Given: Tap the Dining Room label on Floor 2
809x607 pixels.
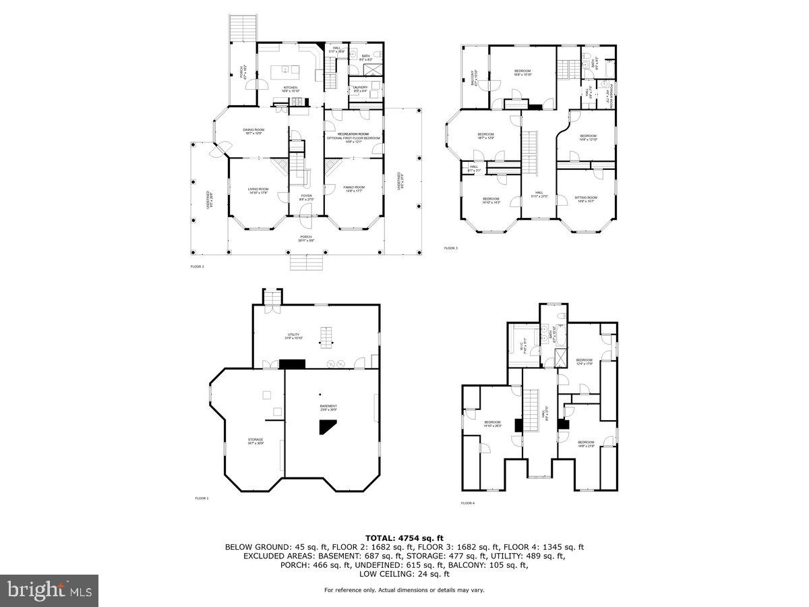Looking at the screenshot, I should point(254,131).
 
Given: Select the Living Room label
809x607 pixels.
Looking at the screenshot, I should point(258,191).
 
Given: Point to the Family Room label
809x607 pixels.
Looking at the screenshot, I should point(353,189).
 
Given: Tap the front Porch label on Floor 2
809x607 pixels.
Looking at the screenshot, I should point(307,238).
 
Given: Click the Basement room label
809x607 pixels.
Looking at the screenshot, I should point(328,407).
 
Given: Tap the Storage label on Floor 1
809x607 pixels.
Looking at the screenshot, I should point(255,441).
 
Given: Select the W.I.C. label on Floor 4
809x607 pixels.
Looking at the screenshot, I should point(522,347).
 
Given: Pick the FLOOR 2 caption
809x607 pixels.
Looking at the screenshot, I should point(198,267).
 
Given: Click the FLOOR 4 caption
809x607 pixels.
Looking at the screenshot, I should point(468,503).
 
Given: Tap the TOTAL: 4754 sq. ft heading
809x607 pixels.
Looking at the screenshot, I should point(404,538).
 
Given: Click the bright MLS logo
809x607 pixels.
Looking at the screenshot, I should point(49,590).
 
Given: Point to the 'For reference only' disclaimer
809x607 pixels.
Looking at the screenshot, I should point(404,590).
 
